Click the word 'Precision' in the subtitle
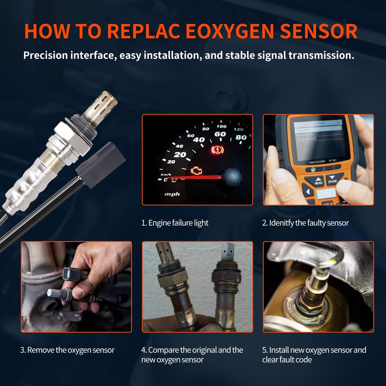pos(45,56)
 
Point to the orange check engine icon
pos(197,171)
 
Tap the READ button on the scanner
pos(318,181)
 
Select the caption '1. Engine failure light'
pos(175,223)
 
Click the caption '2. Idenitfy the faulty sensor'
pos(305,223)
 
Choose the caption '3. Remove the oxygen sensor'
pos(67,350)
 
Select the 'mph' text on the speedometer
pos(172,194)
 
